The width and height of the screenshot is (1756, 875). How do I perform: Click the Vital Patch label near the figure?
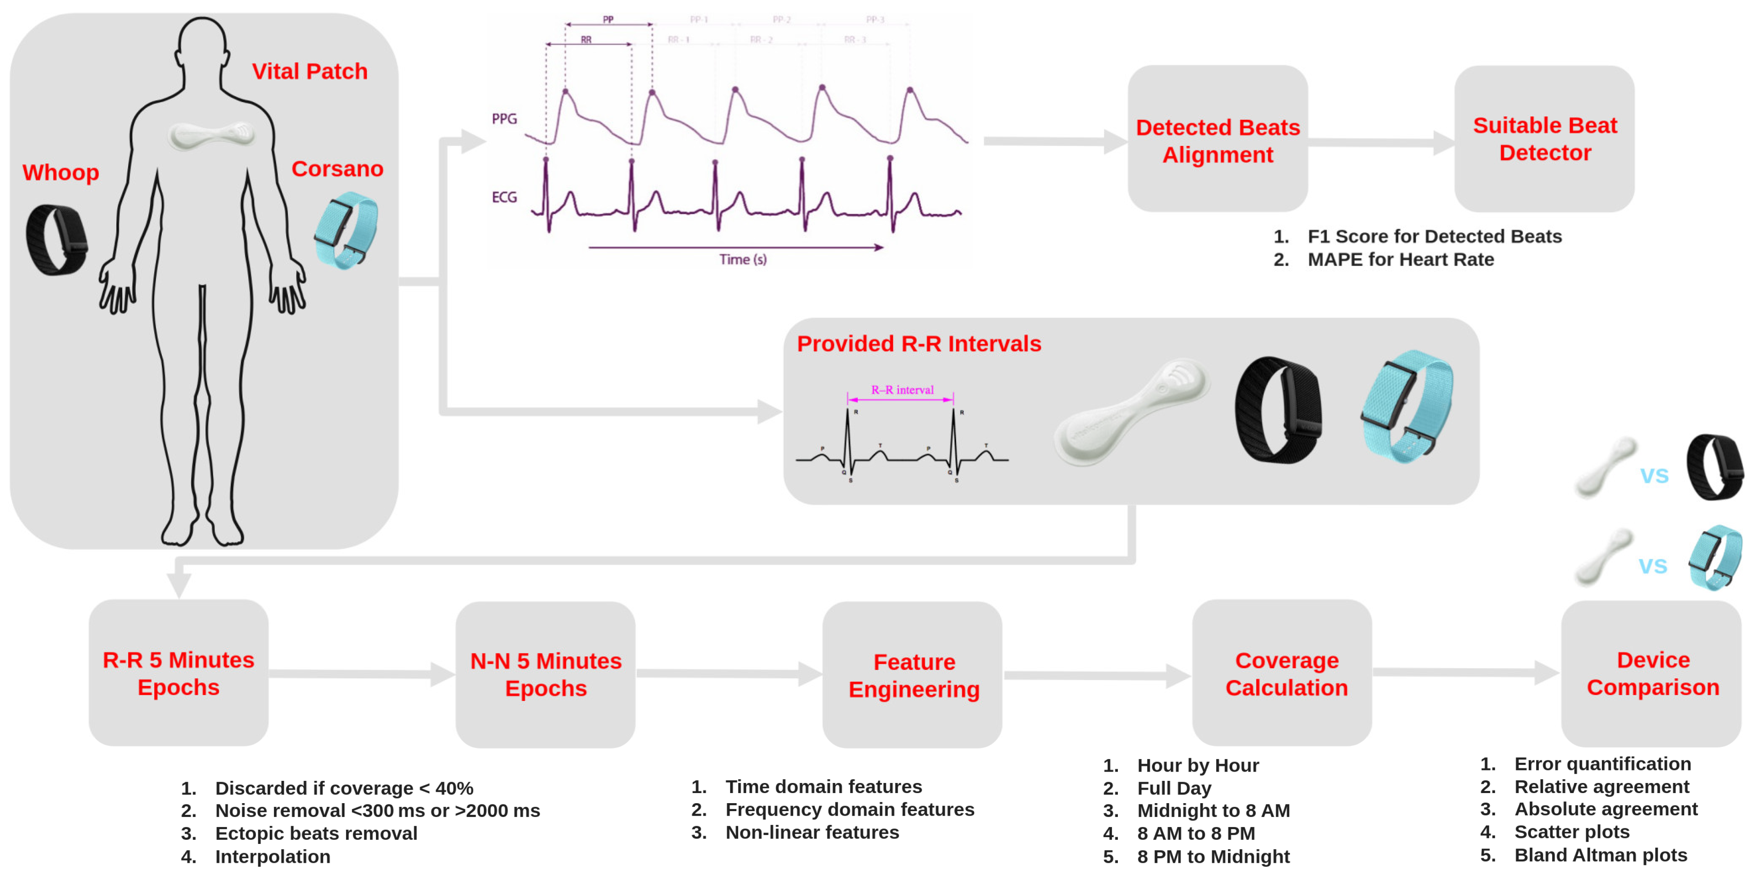click(310, 71)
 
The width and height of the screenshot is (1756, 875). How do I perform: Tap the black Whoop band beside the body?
click(57, 240)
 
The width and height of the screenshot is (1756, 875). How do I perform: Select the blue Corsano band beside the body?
click(346, 230)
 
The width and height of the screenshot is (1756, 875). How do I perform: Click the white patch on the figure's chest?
click(212, 134)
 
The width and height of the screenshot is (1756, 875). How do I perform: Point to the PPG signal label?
click(505, 119)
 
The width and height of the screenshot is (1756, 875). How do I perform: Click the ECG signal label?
click(505, 197)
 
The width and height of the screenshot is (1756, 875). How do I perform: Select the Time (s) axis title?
click(742, 259)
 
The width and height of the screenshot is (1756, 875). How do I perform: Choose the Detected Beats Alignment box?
click(1217, 140)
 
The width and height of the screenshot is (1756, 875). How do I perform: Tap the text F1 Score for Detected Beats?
click(1434, 236)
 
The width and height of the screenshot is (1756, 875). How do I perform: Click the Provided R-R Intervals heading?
click(919, 344)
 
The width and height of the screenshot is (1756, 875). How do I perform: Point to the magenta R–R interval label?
click(902, 390)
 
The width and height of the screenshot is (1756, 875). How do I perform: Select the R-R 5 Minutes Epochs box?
click(179, 673)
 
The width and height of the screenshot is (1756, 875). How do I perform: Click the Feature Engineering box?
click(913, 675)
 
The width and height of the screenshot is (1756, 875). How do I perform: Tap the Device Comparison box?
click(1652, 673)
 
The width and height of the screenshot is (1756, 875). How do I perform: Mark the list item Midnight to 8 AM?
click(1213, 810)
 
